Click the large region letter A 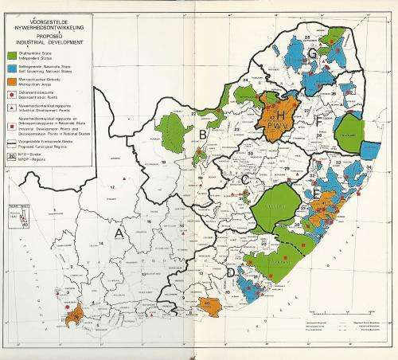click(x=121, y=233)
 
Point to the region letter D click(x=230, y=274)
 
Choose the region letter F click(x=319, y=123)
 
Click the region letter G click(x=313, y=54)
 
